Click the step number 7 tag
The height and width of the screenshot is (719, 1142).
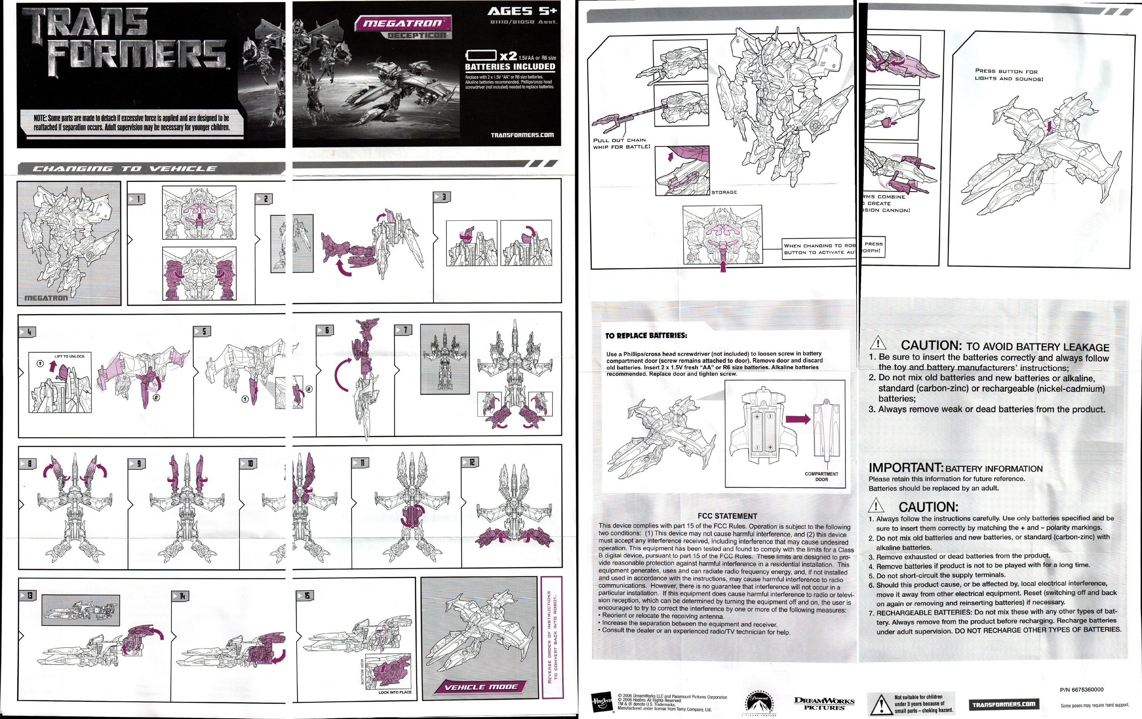click(403, 330)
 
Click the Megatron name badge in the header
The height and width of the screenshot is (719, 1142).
click(403, 23)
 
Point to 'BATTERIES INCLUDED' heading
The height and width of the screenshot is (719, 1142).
click(510, 67)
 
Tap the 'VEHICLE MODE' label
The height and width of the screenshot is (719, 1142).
click(480, 687)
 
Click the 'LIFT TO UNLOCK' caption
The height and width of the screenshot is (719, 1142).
click(69, 356)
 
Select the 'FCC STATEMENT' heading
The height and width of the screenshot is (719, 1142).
click(727, 516)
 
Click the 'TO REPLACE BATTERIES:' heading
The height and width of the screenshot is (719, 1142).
click(646, 336)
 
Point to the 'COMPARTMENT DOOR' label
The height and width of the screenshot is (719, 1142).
click(821, 477)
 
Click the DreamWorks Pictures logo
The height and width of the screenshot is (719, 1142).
click(824, 703)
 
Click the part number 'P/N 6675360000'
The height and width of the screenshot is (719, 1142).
click(1081, 690)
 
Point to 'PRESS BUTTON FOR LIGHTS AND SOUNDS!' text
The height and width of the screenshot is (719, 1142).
click(1009, 75)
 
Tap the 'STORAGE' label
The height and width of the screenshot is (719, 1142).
click(724, 192)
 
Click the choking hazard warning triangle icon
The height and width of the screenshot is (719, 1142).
click(881, 704)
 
